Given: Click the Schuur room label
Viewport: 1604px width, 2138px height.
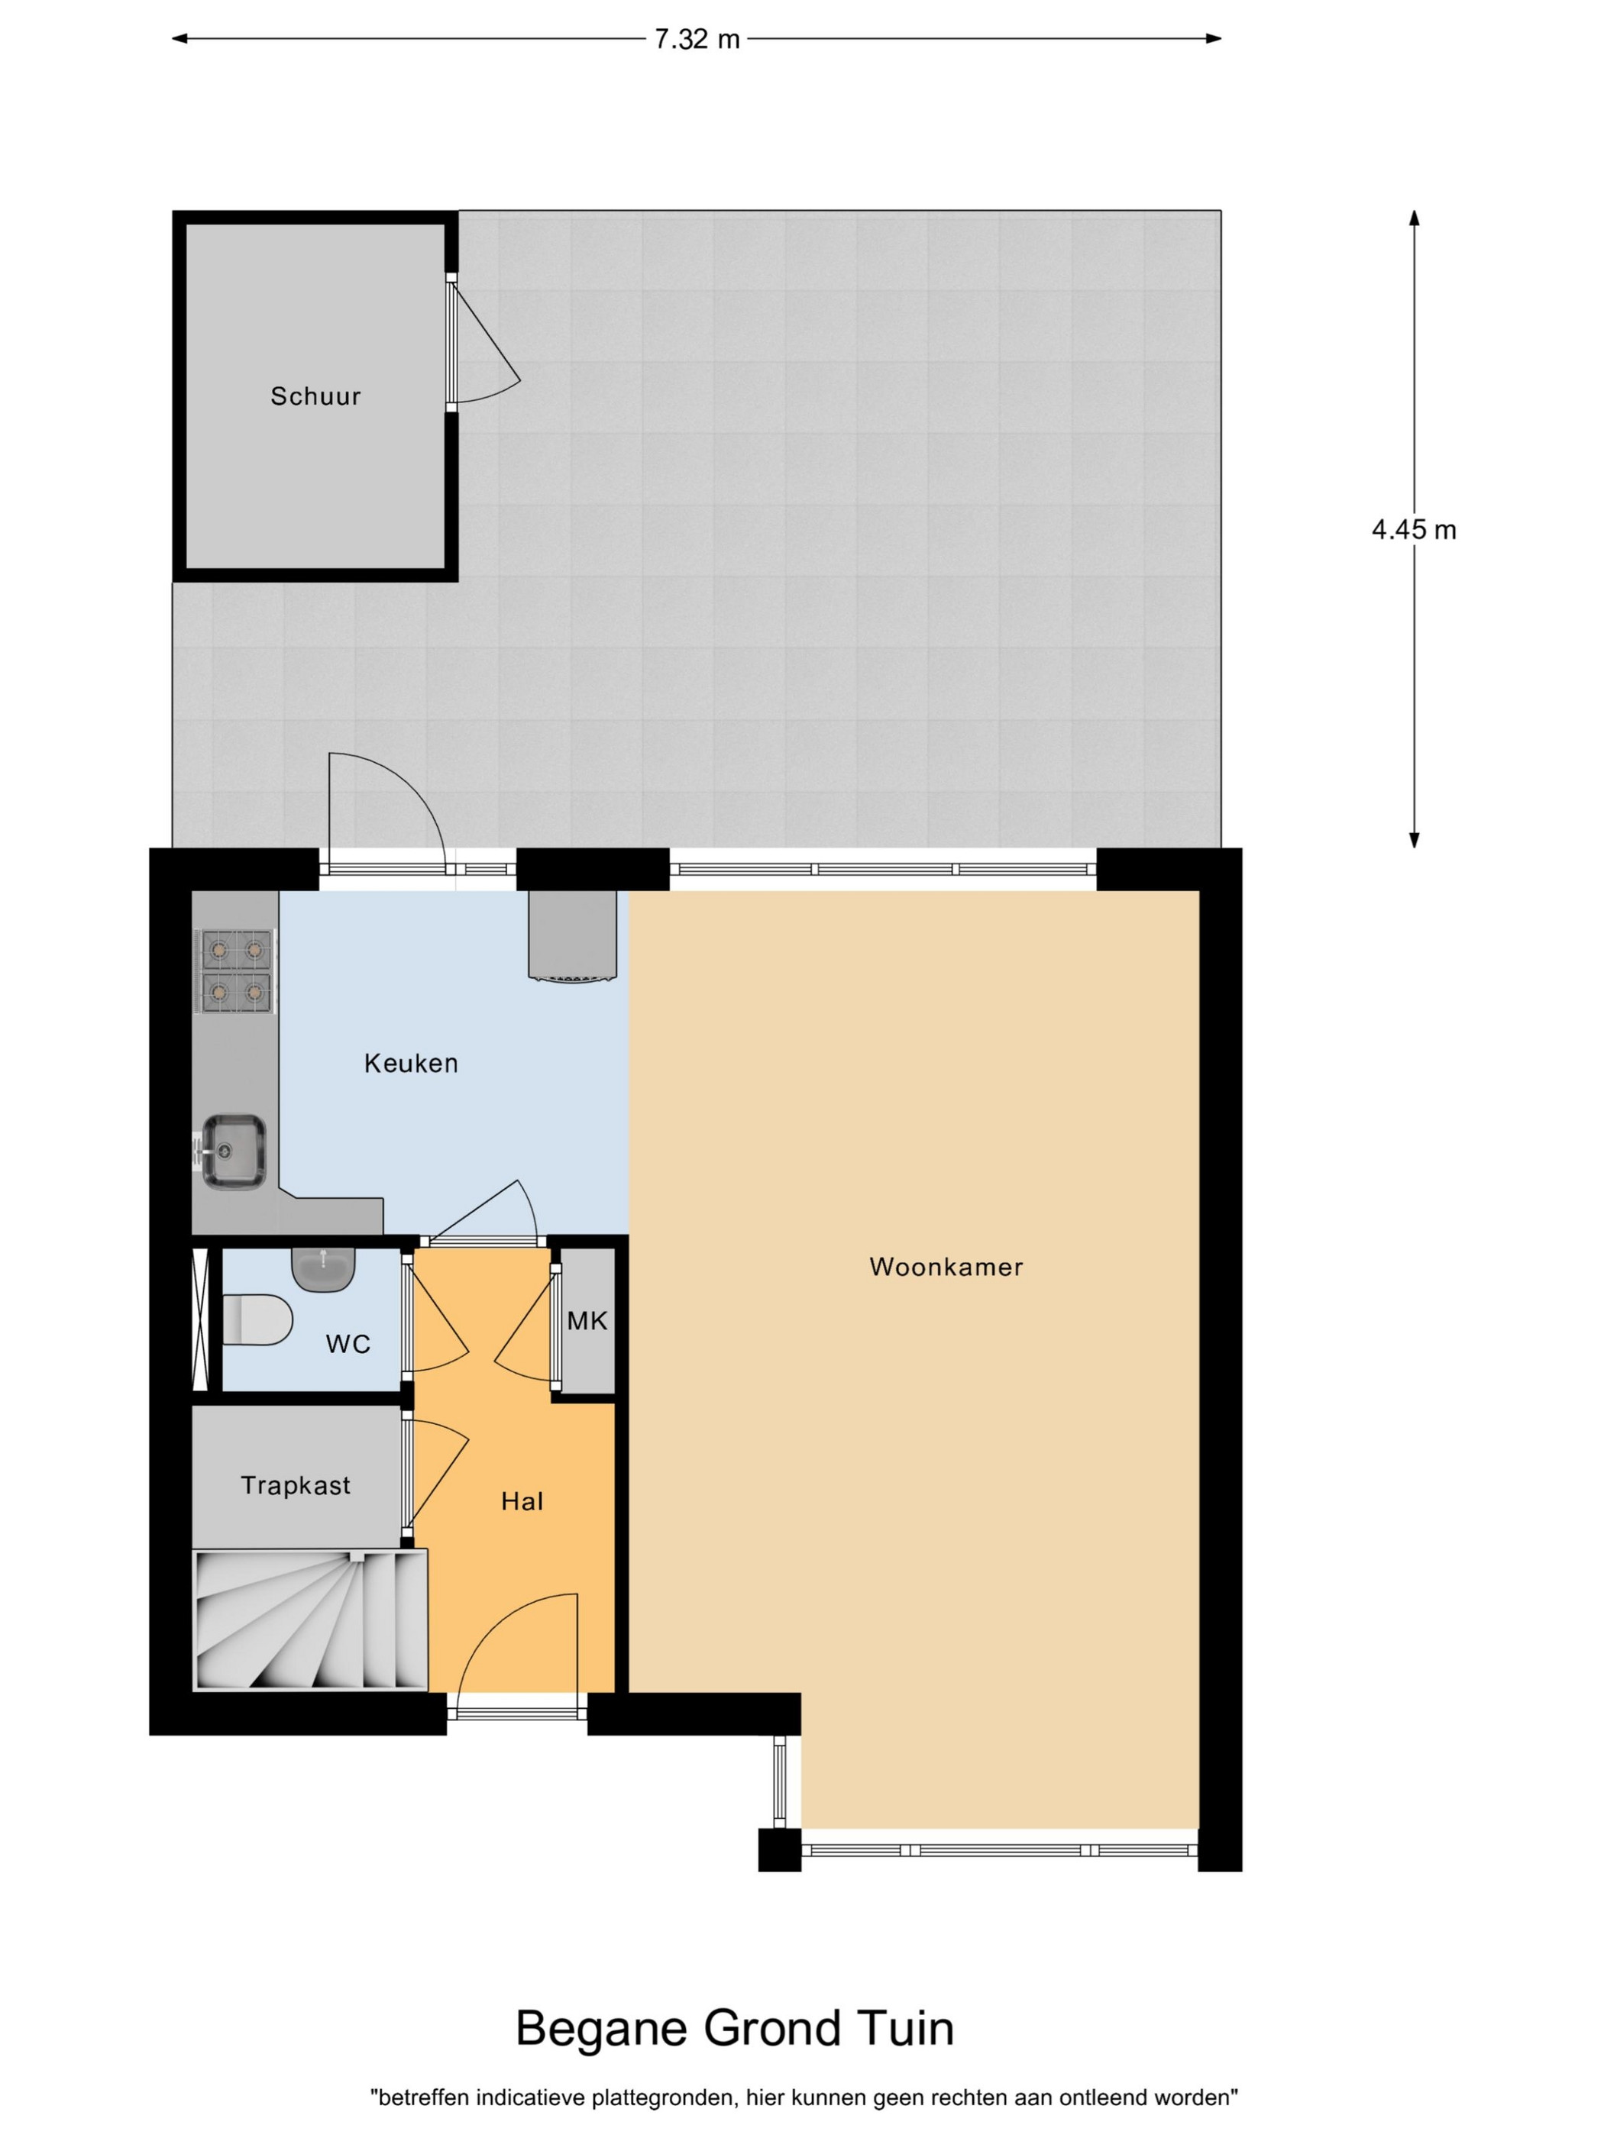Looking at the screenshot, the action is tap(315, 396).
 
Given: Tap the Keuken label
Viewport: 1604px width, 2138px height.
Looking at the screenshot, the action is tap(411, 1063).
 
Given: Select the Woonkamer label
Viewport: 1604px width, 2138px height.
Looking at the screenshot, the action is tap(946, 1266).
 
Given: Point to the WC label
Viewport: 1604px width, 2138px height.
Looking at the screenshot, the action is tap(348, 1343).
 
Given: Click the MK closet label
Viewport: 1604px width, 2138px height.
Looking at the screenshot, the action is tap(587, 1320).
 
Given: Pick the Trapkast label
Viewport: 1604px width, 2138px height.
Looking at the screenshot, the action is tap(296, 1484).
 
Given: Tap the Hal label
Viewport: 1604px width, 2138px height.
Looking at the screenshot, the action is tap(522, 1501).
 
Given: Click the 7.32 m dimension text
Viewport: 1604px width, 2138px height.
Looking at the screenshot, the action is tap(697, 40).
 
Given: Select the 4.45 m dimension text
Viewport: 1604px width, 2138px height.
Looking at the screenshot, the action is tap(1414, 530).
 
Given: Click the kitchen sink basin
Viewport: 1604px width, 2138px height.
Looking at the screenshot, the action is tap(234, 1151).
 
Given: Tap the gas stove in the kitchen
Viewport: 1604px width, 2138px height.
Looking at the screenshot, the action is tap(235, 970).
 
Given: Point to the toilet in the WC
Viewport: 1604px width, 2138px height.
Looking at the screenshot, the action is tap(257, 1319).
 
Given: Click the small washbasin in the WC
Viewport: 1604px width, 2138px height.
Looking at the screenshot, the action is tap(324, 1269).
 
